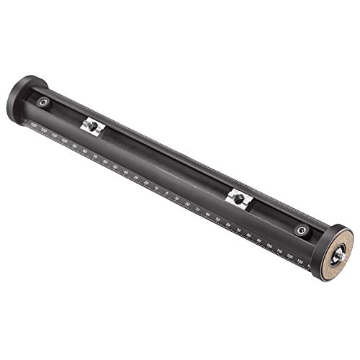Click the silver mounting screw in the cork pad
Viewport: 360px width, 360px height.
[339, 253]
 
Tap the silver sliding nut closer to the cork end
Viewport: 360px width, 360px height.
[238, 199]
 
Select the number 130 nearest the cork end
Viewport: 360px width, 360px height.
[300, 261]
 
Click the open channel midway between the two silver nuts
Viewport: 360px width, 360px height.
[166, 162]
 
